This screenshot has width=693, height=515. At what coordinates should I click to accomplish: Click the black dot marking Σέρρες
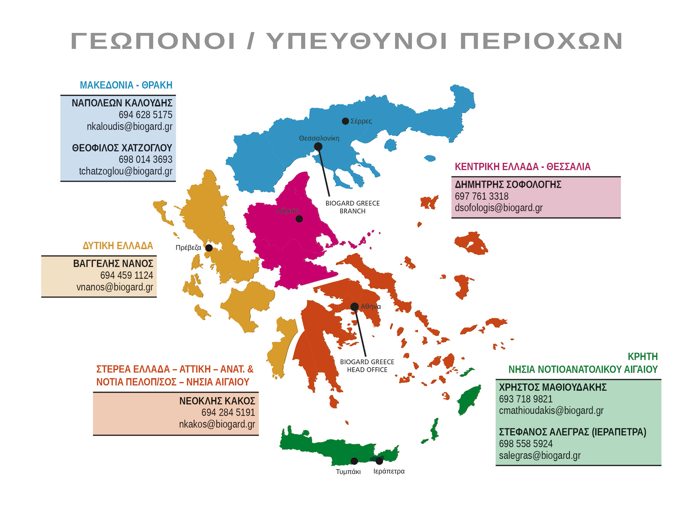tap(345, 121)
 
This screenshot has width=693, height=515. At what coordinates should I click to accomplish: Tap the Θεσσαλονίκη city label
tap(319, 138)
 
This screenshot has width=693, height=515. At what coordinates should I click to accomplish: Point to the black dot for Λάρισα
tap(299, 219)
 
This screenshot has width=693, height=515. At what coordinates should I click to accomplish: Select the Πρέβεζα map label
tap(188, 247)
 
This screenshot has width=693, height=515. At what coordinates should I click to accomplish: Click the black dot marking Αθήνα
tap(355, 307)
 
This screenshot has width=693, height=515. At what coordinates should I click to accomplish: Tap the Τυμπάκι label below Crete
tap(348, 472)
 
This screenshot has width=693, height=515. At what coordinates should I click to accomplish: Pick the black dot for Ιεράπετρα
tap(379, 461)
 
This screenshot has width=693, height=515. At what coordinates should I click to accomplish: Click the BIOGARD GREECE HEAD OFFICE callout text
tap(367, 366)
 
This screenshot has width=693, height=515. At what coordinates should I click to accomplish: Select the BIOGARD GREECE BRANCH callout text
tap(352, 207)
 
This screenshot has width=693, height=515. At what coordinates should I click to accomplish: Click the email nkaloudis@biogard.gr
tap(129, 127)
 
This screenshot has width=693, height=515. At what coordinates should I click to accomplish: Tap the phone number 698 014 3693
tap(145, 159)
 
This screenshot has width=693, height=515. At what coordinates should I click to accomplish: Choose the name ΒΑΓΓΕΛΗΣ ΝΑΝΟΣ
tap(113, 264)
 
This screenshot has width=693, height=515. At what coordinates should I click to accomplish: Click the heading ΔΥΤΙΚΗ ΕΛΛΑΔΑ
tap(118, 246)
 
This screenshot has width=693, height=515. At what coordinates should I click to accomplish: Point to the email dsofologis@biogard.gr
tap(499, 208)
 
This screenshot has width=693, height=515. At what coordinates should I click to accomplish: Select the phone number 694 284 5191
tap(228, 413)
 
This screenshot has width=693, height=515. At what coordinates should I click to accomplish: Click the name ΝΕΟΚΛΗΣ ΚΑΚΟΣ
tap(217, 401)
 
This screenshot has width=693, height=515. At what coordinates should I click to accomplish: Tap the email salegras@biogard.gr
tap(540, 456)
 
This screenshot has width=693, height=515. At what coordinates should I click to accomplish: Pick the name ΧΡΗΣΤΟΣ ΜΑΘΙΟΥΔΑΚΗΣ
tap(553, 387)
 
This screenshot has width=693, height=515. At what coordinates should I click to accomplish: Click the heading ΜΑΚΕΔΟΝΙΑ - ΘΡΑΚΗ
tap(126, 85)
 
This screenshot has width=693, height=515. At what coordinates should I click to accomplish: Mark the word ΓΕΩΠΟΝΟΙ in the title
tap(153, 41)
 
